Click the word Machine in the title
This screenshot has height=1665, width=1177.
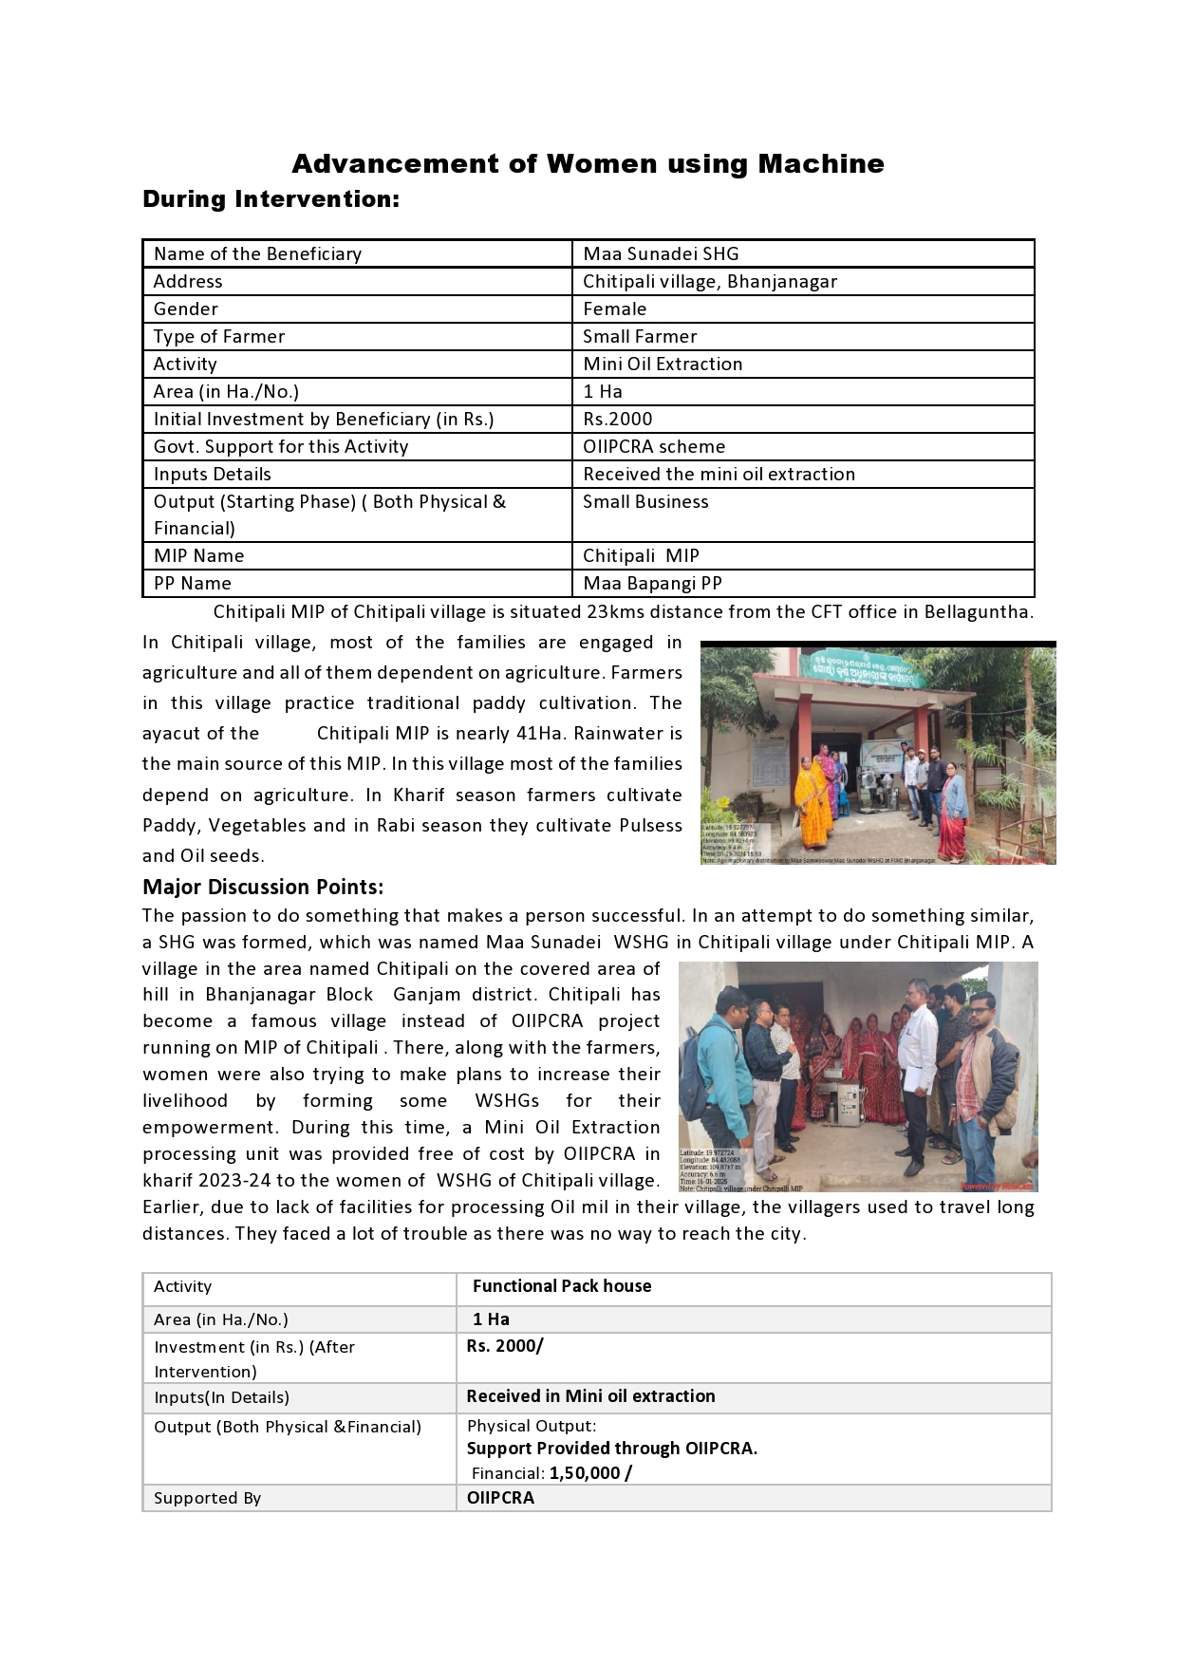(821, 164)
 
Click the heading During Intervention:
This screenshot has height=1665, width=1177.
(271, 199)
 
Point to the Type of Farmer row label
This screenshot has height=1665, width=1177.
(219, 336)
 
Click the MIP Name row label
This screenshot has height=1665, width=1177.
(199, 555)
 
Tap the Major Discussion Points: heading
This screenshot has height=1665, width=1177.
(263, 887)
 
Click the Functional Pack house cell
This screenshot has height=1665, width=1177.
(562, 1286)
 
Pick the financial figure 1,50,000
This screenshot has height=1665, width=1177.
(584, 1473)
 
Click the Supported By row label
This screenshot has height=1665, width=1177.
(208, 1498)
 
